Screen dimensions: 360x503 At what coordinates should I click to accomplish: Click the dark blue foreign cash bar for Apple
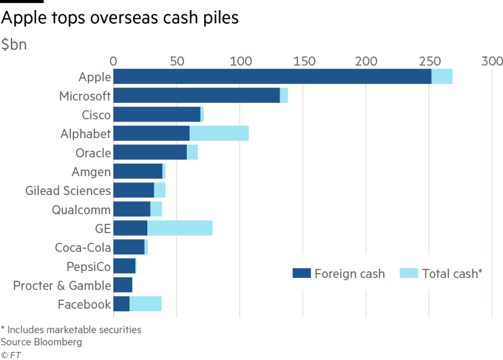tap(272, 77)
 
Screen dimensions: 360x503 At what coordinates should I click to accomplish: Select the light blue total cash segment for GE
tap(180, 229)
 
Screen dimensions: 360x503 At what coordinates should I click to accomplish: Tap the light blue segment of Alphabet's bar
tap(219, 134)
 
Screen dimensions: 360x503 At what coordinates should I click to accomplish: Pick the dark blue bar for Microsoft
tap(196, 96)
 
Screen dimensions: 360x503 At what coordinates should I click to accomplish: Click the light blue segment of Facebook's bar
tap(145, 305)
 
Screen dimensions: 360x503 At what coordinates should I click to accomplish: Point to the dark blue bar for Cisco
tap(157, 114)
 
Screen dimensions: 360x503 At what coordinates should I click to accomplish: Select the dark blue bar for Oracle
tap(149, 152)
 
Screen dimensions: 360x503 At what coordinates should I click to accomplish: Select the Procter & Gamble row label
tap(63, 286)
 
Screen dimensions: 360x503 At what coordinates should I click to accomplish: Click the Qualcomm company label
tap(81, 210)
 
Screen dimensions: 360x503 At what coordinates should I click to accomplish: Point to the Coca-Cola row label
tap(83, 248)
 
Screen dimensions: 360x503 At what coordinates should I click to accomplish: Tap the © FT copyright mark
tap(10, 354)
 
